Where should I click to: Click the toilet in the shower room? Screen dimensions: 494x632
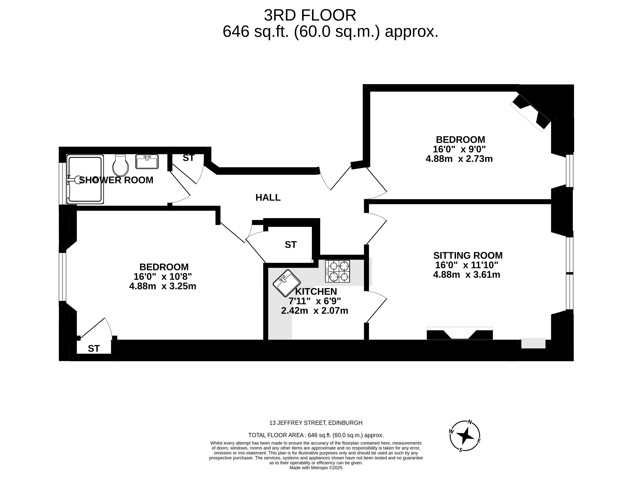point(120,165)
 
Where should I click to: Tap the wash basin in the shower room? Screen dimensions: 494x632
point(147,162)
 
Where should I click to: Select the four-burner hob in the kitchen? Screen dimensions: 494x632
point(337,271)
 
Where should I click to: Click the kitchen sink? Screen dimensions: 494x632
point(287,283)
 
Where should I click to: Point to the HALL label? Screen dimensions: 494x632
point(268,197)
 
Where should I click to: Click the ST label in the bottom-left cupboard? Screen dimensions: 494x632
point(94,349)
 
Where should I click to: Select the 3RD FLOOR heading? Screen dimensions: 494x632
point(310,15)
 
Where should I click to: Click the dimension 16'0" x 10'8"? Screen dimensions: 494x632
point(163,276)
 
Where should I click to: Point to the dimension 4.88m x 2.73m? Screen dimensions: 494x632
point(459,159)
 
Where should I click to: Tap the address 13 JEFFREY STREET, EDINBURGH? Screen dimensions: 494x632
point(316,423)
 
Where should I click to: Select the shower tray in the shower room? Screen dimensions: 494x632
point(85,179)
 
